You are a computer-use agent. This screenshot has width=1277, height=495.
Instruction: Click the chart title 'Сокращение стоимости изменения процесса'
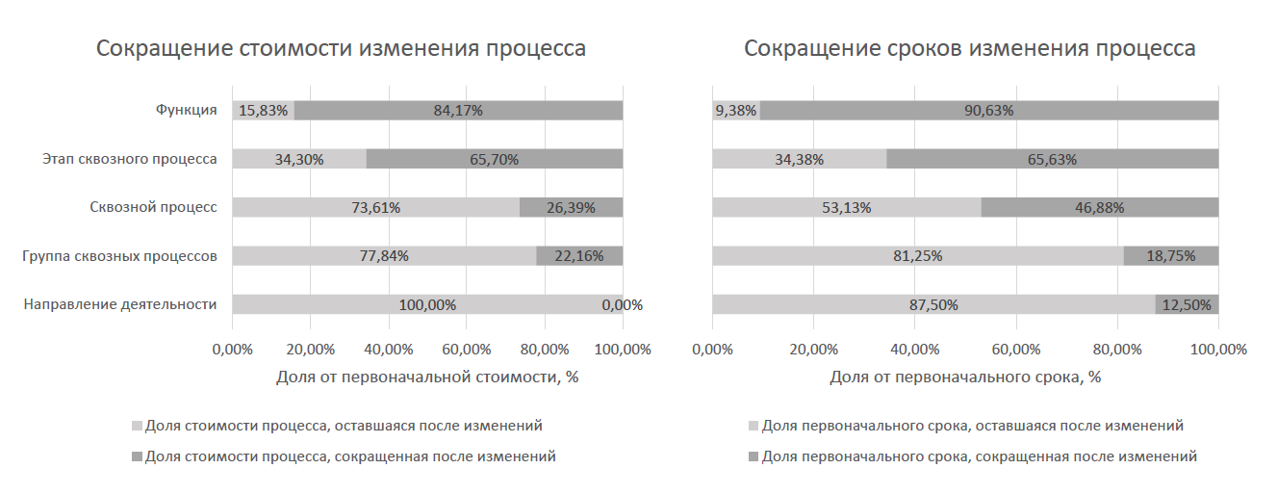click(x=341, y=49)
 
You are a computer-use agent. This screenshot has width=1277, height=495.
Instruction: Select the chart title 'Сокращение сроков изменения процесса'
click(x=969, y=49)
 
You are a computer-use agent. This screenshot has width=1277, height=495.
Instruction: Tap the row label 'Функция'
click(x=187, y=110)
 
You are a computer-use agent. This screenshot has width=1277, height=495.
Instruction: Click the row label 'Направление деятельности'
click(x=119, y=304)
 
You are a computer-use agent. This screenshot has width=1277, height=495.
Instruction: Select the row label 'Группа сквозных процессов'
click(x=119, y=256)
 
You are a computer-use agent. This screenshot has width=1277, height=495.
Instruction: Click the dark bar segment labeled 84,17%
click(x=458, y=110)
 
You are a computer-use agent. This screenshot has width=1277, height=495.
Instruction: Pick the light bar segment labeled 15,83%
click(x=263, y=110)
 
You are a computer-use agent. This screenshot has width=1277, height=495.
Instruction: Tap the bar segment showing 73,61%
click(x=375, y=207)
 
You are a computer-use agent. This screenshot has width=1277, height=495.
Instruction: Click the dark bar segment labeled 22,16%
click(x=579, y=256)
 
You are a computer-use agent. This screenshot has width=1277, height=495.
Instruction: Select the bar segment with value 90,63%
click(x=989, y=110)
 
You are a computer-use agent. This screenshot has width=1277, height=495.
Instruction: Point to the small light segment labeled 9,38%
click(x=736, y=110)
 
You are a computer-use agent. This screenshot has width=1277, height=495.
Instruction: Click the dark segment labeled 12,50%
click(x=1187, y=304)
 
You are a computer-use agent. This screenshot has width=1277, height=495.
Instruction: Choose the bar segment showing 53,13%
click(x=846, y=207)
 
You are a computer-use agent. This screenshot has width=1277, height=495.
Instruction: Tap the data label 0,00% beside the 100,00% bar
click(x=621, y=305)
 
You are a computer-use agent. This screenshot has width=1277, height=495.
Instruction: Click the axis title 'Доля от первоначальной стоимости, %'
click(x=426, y=377)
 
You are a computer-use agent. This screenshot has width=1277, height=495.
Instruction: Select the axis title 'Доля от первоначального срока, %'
click(x=965, y=377)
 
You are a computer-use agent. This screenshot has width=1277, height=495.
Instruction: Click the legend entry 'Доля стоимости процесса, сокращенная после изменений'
click(x=349, y=456)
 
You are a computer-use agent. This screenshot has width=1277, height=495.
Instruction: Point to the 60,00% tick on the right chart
click(x=1016, y=349)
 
